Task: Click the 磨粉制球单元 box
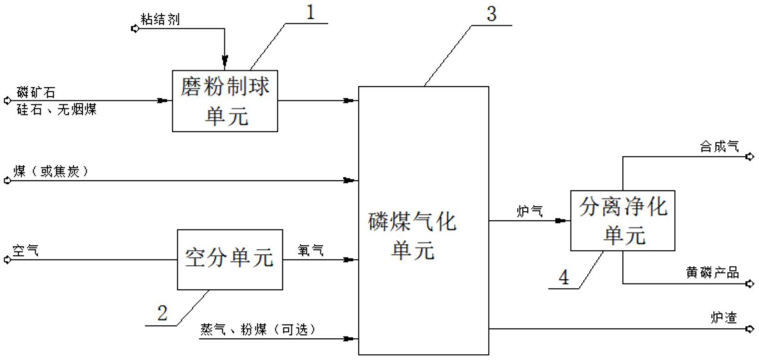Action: click(x=225, y=101)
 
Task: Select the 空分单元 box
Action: click(x=230, y=259)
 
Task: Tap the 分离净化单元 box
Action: click(x=622, y=220)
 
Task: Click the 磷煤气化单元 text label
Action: click(x=412, y=236)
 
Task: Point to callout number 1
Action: click(x=311, y=13)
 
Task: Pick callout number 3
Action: click(x=491, y=14)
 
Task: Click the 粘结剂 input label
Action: click(x=160, y=20)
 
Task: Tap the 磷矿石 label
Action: click(x=36, y=93)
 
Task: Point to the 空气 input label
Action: click(x=25, y=250)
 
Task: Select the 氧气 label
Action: click(x=311, y=250)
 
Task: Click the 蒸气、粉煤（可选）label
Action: click(x=258, y=330)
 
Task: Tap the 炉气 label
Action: click(x=529, y=211)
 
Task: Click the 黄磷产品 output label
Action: click(x=712, y=273)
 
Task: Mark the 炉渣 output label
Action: click(x=724, y=318)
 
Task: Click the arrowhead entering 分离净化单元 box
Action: click(x=563, y=221)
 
